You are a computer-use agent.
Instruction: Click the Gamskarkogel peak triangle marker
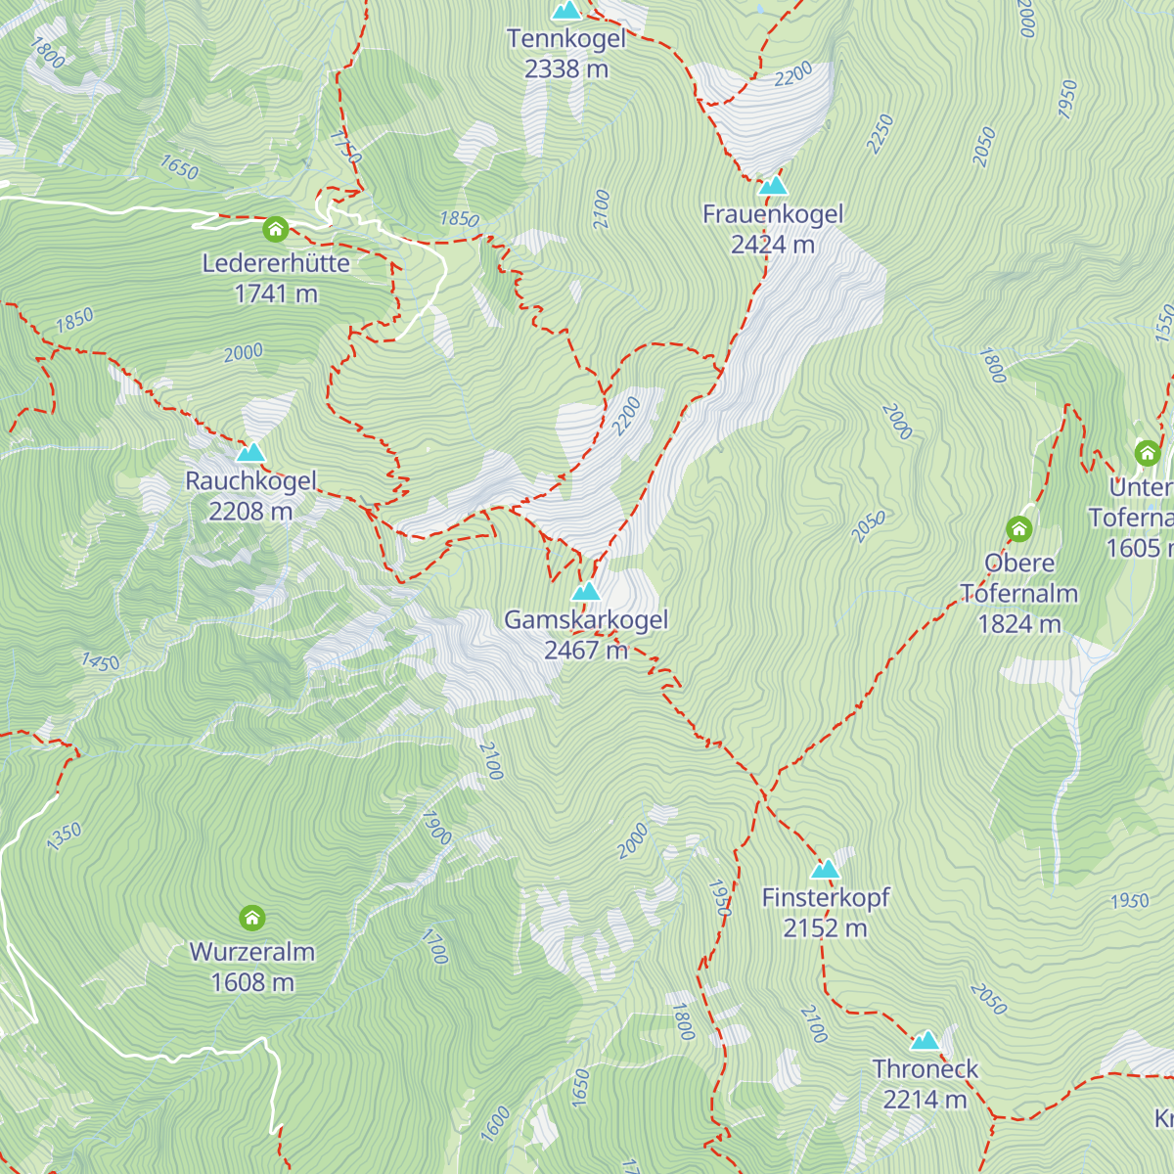click(585, 591)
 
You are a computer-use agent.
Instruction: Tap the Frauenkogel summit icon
click(773, 185)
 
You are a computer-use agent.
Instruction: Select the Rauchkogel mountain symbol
click(251, 452)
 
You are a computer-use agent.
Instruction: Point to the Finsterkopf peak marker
click(826, 869)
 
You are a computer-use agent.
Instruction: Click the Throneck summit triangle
click(926, 1040)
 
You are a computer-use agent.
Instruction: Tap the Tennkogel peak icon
click(566, 11)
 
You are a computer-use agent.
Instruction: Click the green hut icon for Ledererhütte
click(276, 230)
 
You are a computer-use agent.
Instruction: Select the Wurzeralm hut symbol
click(252, 918)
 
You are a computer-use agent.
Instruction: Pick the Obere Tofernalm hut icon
click(1019, 529)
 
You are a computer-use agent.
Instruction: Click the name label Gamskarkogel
click(586, 619)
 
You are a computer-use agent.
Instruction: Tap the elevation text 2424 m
click(773, 245)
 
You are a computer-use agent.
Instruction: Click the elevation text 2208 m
click(250, 511)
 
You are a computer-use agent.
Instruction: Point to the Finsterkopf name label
click(826, 897)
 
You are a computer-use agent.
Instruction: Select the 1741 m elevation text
click(276, 293)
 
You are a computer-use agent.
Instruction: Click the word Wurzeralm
click(252, 952)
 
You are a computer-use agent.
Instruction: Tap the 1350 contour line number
click(65, 836)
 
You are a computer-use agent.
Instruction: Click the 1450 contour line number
click(100, 662)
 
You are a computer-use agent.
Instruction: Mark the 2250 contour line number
click(880, 134)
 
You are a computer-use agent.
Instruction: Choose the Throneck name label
click(926, 1069)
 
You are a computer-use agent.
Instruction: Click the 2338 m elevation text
click(566, 68)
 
